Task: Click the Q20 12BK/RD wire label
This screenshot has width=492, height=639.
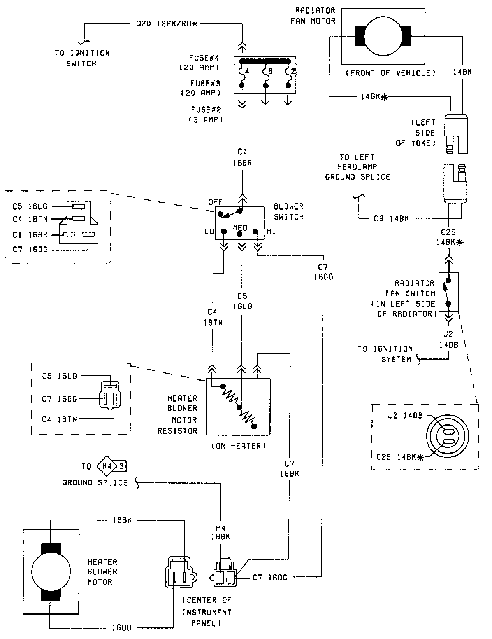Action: [x=167, y=24]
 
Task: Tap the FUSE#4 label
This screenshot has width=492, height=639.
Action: [x=204, y=58]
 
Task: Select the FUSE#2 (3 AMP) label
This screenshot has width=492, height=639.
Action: [x=206, y=115]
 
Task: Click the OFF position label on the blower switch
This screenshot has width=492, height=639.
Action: [x=215, y=202]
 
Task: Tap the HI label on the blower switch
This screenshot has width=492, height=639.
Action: [x=271, y=232]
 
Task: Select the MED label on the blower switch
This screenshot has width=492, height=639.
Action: [x=240, y=227]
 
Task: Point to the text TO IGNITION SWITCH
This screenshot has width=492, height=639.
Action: [x=82, y=58]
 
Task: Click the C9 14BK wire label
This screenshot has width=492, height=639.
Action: [x=391, y=218]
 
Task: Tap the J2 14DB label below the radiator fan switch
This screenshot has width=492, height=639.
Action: [x=448, y=339]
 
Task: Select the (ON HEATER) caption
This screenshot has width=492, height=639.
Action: [x=239, y=446]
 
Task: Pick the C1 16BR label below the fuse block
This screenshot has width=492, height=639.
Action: [x=242, y=157]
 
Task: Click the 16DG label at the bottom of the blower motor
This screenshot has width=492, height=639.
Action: [x=122, y=627]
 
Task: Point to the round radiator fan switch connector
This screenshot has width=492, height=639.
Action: [x=448, y=436]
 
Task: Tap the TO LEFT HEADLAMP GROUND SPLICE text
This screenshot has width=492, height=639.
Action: [x=357, y=167]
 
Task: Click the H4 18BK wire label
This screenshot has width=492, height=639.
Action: [x=220, y=532]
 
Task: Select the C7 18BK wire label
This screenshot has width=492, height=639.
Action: [x=289, y=468]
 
